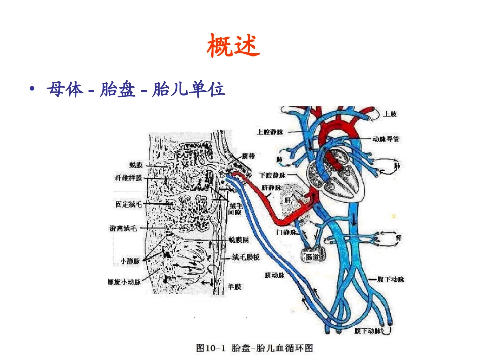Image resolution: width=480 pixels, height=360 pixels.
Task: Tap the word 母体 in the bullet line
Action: (64, 90)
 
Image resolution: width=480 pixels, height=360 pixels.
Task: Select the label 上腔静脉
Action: (270, 132)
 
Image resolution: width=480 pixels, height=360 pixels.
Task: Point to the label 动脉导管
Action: (386, 138)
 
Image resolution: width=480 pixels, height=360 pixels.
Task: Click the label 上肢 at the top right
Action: (390, 114)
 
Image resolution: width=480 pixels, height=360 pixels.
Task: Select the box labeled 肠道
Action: (313, 256)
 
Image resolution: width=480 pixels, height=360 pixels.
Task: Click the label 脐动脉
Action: (275, 276)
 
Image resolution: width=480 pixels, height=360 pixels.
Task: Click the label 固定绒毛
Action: (129, 204)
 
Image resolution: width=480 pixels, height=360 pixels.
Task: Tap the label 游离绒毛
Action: (123, 228)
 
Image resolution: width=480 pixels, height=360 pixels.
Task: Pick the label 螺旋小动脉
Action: (124, 282)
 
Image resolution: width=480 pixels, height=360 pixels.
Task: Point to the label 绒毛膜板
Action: (246, 257)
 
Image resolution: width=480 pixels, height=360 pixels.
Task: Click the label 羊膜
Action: (234, 286)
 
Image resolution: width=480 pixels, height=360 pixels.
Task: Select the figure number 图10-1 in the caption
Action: (211, 348)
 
